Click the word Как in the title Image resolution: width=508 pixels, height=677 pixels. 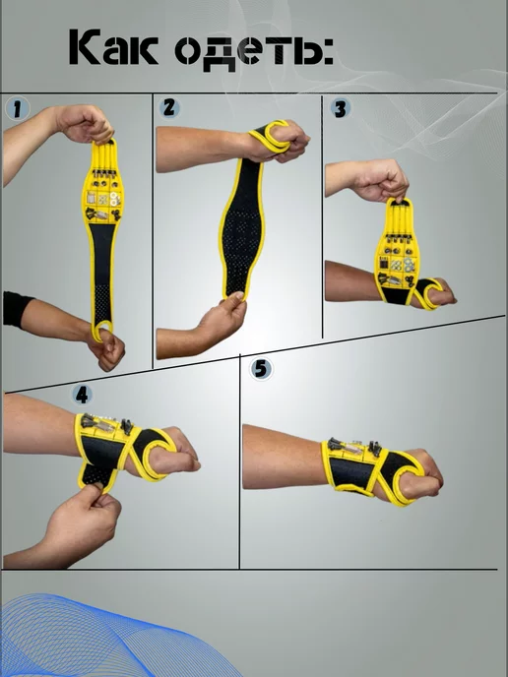coord(113,47)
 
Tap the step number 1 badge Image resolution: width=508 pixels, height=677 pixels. coord(18,108)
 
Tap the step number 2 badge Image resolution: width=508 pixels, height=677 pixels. coord(169,107)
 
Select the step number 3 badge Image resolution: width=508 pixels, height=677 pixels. coord(341,109)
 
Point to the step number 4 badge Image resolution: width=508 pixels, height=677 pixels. coord(82,395)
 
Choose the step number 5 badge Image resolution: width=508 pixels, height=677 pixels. coord(261,369)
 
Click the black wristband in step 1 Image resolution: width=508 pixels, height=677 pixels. coord(17,309)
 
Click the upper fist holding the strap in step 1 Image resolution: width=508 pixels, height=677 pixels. coord(84,124)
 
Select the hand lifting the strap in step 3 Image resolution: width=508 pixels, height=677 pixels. coord(380,181)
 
